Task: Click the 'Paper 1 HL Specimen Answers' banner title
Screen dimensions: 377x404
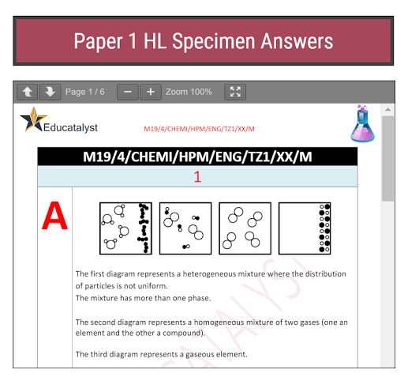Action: pyautogui.click(x=203, y=41)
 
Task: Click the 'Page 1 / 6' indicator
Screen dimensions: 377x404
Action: pyautogui.click(x=84, y=92)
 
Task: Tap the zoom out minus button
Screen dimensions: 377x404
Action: pyautogui.click(x=128, y=92)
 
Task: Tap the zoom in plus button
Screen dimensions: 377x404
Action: pyautogui.click(x=151, y=92)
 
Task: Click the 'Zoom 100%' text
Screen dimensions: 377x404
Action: pyautogui.click(x=189, y=92)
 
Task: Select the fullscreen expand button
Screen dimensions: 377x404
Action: pyautogui.click(x=235, y=92)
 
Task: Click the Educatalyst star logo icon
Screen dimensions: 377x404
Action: pyautogui.click(x=32, y=121)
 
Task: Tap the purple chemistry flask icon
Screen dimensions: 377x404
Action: pyautogui.click(x=363, y=123)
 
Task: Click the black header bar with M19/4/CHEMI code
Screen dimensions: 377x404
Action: pyautogui.click(x=197, y=156)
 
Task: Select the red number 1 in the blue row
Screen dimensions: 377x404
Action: pyautogui.click(x=197, y=176)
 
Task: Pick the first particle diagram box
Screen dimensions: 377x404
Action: pyautogui.click(x=125, y=228)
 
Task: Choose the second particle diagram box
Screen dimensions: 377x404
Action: pyautogui.click(x=185, y=228)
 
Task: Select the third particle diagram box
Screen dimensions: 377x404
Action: pyautogui.click(x=245, y=228)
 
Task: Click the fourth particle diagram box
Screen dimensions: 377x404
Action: pyautogui.click(x=305, y=228)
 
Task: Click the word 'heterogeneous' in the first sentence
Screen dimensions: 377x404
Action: pyautogui.click(x=233, y=273)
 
